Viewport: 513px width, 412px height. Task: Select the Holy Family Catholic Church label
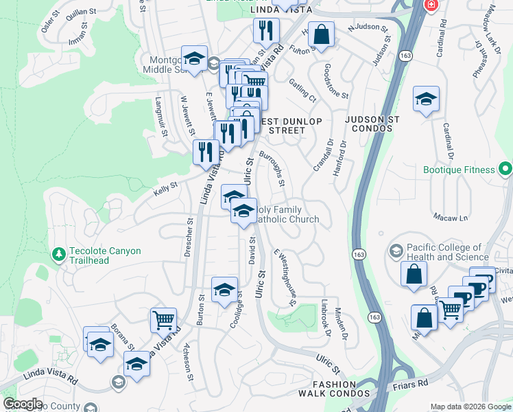288,215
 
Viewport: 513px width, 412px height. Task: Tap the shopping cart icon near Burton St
163,319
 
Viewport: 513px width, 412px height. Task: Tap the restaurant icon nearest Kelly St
206,152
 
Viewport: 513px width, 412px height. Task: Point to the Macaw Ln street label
450,218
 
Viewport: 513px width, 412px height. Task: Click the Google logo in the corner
23,404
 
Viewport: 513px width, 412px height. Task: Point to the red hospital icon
431,5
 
